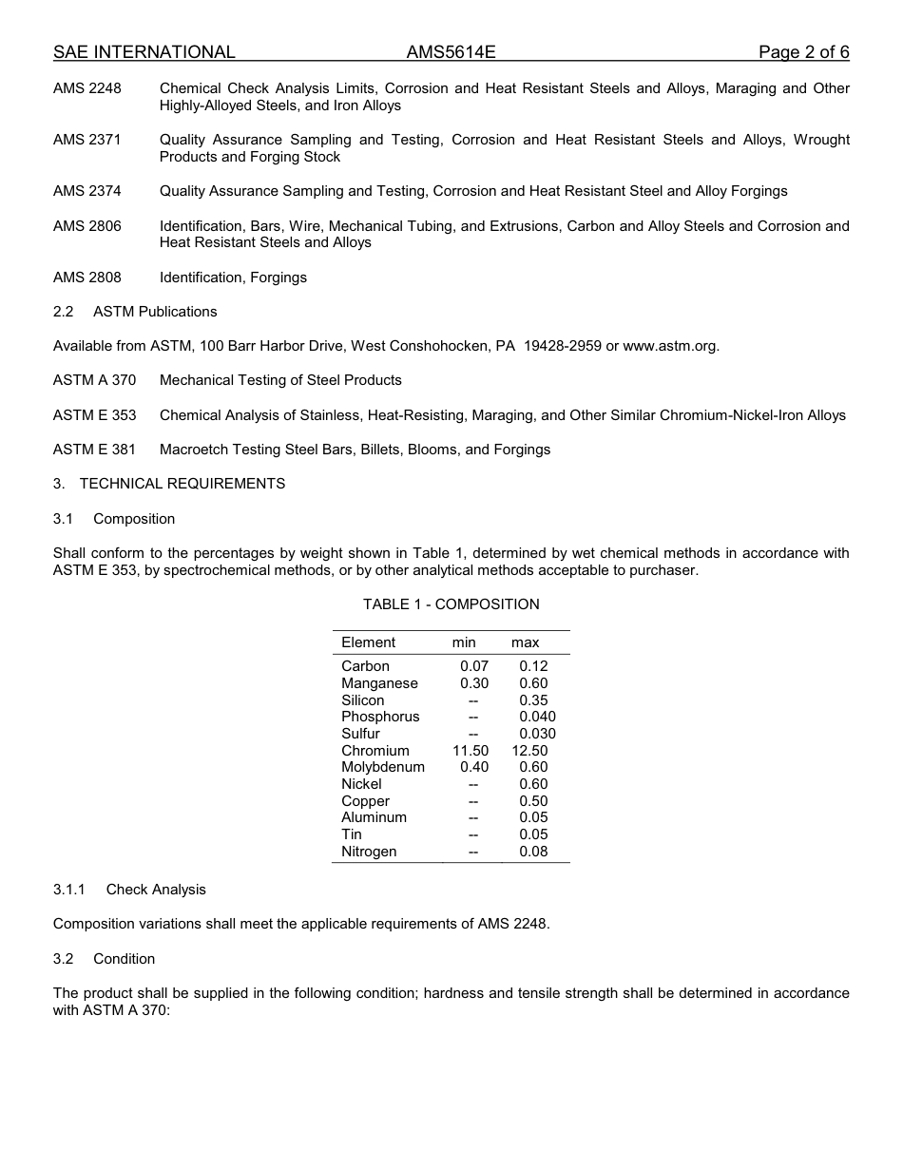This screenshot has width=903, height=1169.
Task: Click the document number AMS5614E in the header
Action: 451,52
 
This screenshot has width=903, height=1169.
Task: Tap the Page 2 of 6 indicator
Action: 803,52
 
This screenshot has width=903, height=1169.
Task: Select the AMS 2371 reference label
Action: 87,140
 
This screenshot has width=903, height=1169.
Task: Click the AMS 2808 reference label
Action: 87,278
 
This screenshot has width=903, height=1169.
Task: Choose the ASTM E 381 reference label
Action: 94,450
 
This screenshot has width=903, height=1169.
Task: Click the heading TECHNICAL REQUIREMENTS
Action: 182,484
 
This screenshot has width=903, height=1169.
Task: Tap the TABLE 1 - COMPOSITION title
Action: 451,604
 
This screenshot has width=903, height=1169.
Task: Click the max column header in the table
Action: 525,642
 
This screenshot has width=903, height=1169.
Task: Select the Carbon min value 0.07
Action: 473,666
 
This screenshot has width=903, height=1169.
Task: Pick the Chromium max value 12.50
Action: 529,751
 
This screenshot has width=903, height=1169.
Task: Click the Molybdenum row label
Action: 383,767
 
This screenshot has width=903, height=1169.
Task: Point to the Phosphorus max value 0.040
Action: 537,717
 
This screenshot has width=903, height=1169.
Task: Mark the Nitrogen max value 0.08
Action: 533,852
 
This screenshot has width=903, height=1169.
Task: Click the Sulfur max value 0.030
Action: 537,734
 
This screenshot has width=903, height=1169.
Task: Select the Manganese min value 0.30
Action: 473,683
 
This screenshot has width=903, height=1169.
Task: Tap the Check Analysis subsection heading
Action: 156,890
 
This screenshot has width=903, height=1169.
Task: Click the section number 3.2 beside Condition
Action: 64,959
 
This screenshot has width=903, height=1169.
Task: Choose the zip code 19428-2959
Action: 563,346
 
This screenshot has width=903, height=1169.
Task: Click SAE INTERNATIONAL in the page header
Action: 144,52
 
